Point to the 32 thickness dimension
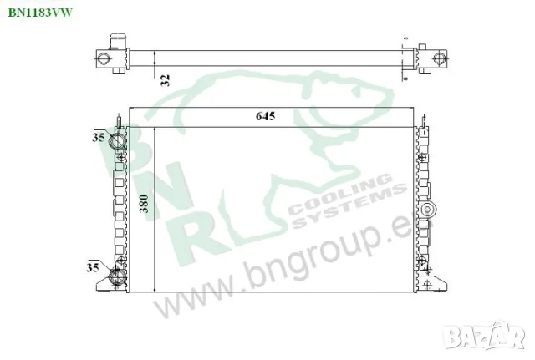click(x=166, y=80)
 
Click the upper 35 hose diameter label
click(x=99, y=136)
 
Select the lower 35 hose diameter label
click(x=91, y=267)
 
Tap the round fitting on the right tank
click(x=429, y=209)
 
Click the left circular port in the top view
click(x=104, y=58)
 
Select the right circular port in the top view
click(x=436, y=58)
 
